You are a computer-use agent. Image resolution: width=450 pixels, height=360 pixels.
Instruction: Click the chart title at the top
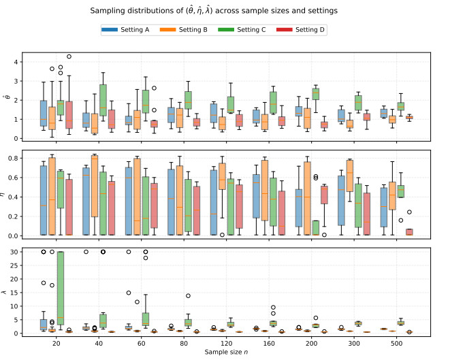click(225, 12)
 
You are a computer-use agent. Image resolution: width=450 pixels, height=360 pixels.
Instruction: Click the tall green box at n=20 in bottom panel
click(61, 292)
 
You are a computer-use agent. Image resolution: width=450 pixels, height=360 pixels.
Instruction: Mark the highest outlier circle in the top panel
click(69, 56)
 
